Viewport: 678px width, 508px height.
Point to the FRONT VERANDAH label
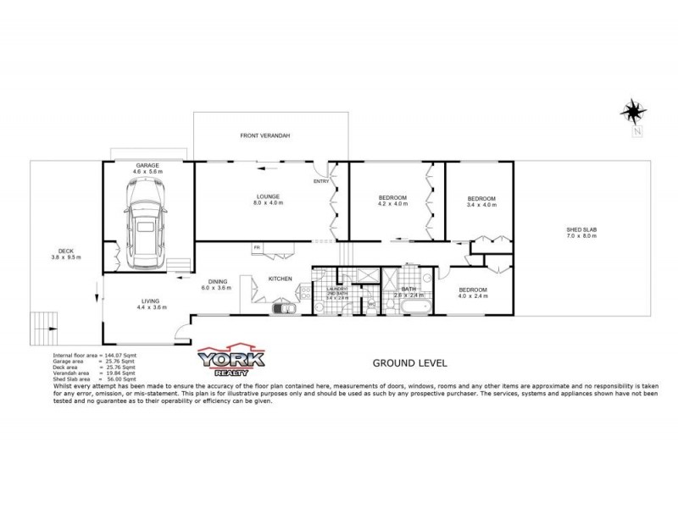[264, 135]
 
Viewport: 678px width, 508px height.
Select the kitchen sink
[282, 308]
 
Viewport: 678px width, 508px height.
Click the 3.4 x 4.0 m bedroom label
[481, 202]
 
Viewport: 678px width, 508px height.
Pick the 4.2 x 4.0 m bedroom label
[392, 201]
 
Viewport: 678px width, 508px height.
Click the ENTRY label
[320, 181]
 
